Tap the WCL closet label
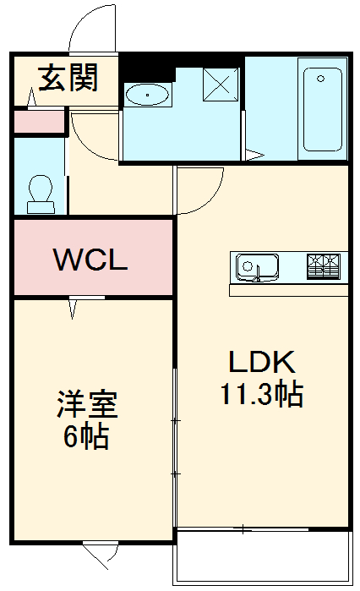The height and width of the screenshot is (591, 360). tap(90, 260)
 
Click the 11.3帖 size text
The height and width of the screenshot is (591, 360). tap(262, 394)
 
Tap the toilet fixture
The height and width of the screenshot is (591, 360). tap(40, 193)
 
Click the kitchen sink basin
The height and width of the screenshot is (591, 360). tap(256, 267)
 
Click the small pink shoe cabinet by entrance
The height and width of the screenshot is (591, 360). tap(40, 121)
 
